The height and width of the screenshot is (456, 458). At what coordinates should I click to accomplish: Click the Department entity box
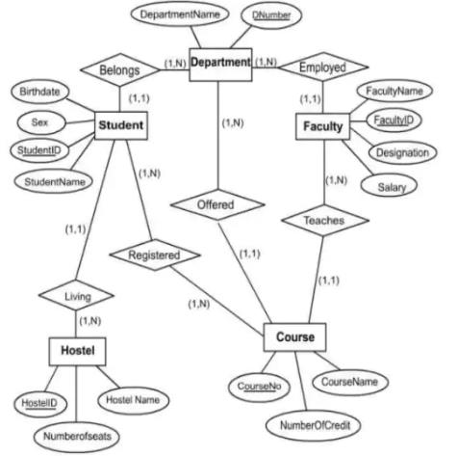pos(220,65)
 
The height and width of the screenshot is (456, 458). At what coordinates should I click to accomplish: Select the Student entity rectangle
pos(121,125)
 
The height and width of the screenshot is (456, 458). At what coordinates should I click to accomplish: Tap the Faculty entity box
pos(322,126)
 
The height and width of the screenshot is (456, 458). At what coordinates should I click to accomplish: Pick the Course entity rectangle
pos(295,337)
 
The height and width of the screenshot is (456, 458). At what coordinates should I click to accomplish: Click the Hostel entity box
pos(77,351)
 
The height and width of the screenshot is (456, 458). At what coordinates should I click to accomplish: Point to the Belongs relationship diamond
pos(120,69)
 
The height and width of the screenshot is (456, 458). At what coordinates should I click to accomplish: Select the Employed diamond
pos(323,67)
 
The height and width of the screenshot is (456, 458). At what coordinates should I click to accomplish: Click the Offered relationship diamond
pos(217,204)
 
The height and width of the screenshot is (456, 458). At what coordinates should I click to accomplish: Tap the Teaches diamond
pos(325,221)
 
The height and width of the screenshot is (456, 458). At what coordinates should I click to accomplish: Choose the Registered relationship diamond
pos(155,255)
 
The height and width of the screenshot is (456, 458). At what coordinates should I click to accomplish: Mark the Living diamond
pos(76,295)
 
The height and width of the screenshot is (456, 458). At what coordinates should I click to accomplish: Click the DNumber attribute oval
pos(271,15)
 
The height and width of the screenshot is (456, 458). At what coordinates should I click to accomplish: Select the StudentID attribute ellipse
pos(39,150)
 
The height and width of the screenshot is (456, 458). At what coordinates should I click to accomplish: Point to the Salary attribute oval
pos(389,186)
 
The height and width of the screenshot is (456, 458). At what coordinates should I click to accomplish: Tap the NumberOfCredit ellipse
pos(314,425)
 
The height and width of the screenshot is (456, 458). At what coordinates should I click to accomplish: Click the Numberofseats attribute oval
pos(77,437)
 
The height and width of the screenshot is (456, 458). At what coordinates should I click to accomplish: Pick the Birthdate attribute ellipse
pos(39,92)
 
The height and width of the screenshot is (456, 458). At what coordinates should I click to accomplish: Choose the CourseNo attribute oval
pos(260,387)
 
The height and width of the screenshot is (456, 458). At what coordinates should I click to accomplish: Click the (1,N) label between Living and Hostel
pos(90,321)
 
